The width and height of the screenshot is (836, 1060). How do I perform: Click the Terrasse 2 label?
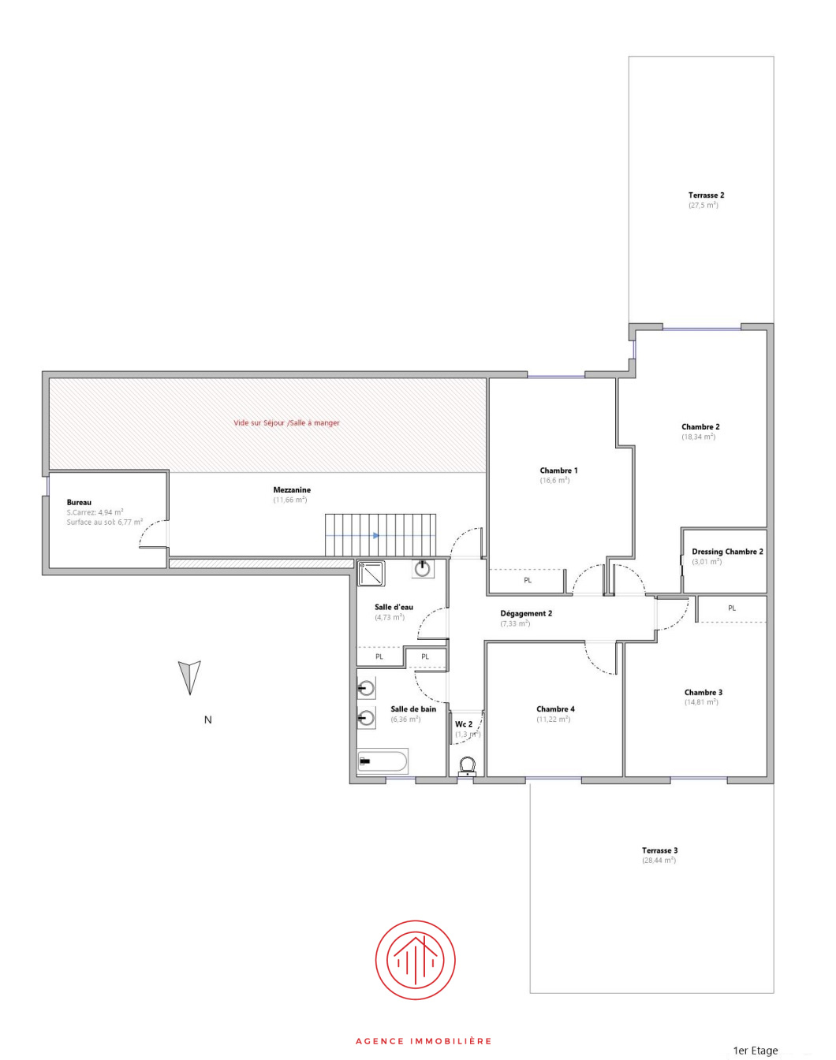(706, 195)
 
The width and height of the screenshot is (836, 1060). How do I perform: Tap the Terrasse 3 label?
(659, 850)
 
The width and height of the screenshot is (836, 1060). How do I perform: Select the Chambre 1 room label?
(558, 470)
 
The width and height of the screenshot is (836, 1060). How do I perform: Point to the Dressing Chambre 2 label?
(727, 552)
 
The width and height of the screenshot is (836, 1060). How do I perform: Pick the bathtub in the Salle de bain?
(383, 761)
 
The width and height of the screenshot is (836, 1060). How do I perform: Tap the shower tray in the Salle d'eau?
(371, 574)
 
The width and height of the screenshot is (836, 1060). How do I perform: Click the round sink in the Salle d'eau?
(423, 567)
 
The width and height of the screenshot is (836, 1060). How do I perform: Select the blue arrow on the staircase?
(375, 536)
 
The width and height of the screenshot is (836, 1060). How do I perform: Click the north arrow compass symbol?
(189, 676)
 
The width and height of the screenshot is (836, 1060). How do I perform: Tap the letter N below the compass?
(208, 720)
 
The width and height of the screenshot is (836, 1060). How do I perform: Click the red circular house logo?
(415, 960)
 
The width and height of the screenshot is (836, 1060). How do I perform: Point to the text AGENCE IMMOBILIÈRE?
(424, 1041)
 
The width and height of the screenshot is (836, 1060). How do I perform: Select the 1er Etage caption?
(755, 1051)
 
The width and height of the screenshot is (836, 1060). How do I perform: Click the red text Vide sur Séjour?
(286, 423)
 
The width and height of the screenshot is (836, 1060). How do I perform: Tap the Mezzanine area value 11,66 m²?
(290, 500)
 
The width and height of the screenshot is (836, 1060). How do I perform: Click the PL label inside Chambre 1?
(528, 581)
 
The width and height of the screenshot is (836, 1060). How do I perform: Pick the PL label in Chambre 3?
(732, 608)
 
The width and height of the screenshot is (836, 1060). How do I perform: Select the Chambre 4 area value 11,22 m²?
(553, 720)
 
